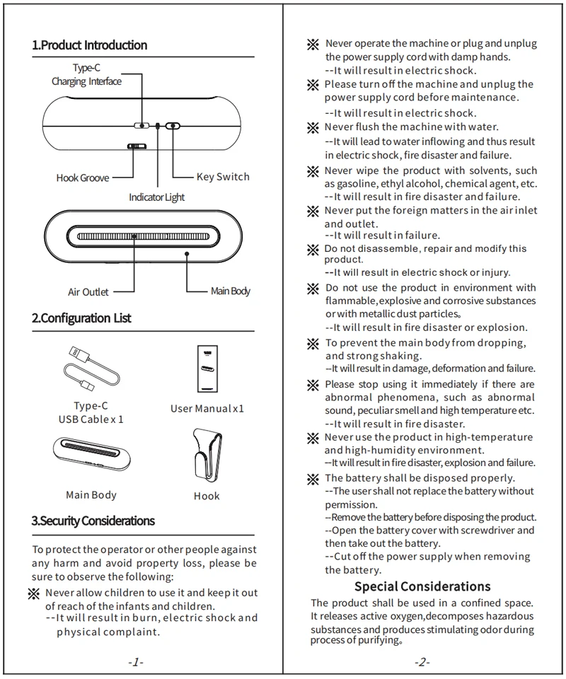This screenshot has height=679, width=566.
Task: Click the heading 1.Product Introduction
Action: [90, 45]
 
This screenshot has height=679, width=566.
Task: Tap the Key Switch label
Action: [223, 177]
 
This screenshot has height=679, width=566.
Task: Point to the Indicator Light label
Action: [156, 197]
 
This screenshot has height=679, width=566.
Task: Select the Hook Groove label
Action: [83, 178]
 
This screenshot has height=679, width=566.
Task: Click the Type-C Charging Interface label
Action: [86, 75]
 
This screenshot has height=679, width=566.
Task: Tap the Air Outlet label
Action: [88, 291]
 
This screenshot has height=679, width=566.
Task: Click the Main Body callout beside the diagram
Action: [231, 291]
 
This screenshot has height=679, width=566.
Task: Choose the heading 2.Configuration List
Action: [81, 318]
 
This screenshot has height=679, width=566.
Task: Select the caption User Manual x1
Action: [207, 409]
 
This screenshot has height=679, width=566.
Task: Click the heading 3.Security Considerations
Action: [93, 521]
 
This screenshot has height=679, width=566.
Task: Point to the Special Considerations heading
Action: [422, 586]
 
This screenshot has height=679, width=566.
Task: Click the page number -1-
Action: [136, 662]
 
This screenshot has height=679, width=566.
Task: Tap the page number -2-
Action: [422, 662]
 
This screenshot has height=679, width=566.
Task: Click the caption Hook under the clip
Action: [207, 496]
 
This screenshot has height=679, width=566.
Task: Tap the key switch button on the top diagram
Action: [173, 126]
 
